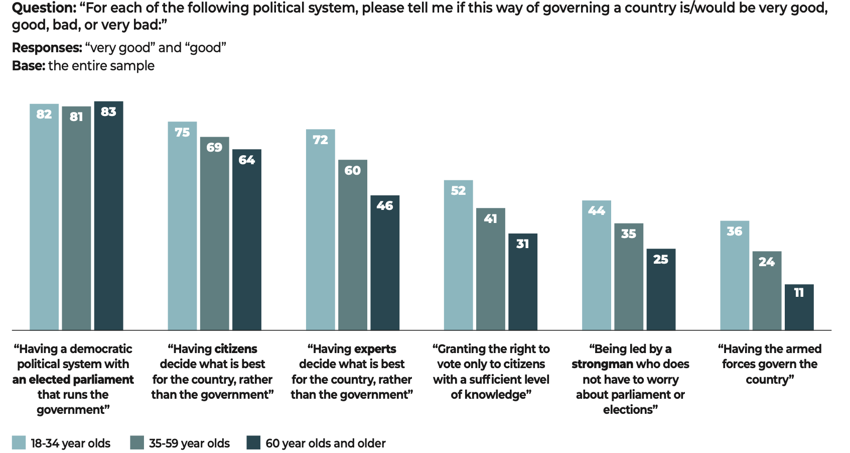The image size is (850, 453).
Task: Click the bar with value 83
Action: coord(108,216)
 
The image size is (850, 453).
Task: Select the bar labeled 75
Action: coord(182,226)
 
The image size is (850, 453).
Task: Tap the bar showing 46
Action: coord(385,263)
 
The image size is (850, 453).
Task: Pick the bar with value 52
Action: coord(458,255)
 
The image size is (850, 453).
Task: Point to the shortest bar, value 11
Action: coord(799,307)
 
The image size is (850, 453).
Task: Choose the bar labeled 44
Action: coord(596,265)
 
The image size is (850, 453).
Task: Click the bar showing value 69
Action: coord(214,234)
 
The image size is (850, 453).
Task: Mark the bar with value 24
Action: coord(767,291)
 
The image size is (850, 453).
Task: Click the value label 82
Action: coord(44,114)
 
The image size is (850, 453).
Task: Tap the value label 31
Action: coord(522,244)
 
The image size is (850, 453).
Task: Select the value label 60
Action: coord(352,170)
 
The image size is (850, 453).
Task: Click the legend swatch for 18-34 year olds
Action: coord(19,442)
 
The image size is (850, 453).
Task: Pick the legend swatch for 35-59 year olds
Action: coord(136,442)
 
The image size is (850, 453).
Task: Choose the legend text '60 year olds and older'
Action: coord(325,443)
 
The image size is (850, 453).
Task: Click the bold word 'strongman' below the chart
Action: coord(602,364)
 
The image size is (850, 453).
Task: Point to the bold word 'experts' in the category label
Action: coord(375,349)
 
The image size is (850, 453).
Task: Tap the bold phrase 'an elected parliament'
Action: coord(73,380)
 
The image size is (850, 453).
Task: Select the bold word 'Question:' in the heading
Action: coord(43,8)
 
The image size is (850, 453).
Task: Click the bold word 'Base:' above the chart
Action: coord(28,66)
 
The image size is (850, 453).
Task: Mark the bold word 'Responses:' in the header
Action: coord(47,48)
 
